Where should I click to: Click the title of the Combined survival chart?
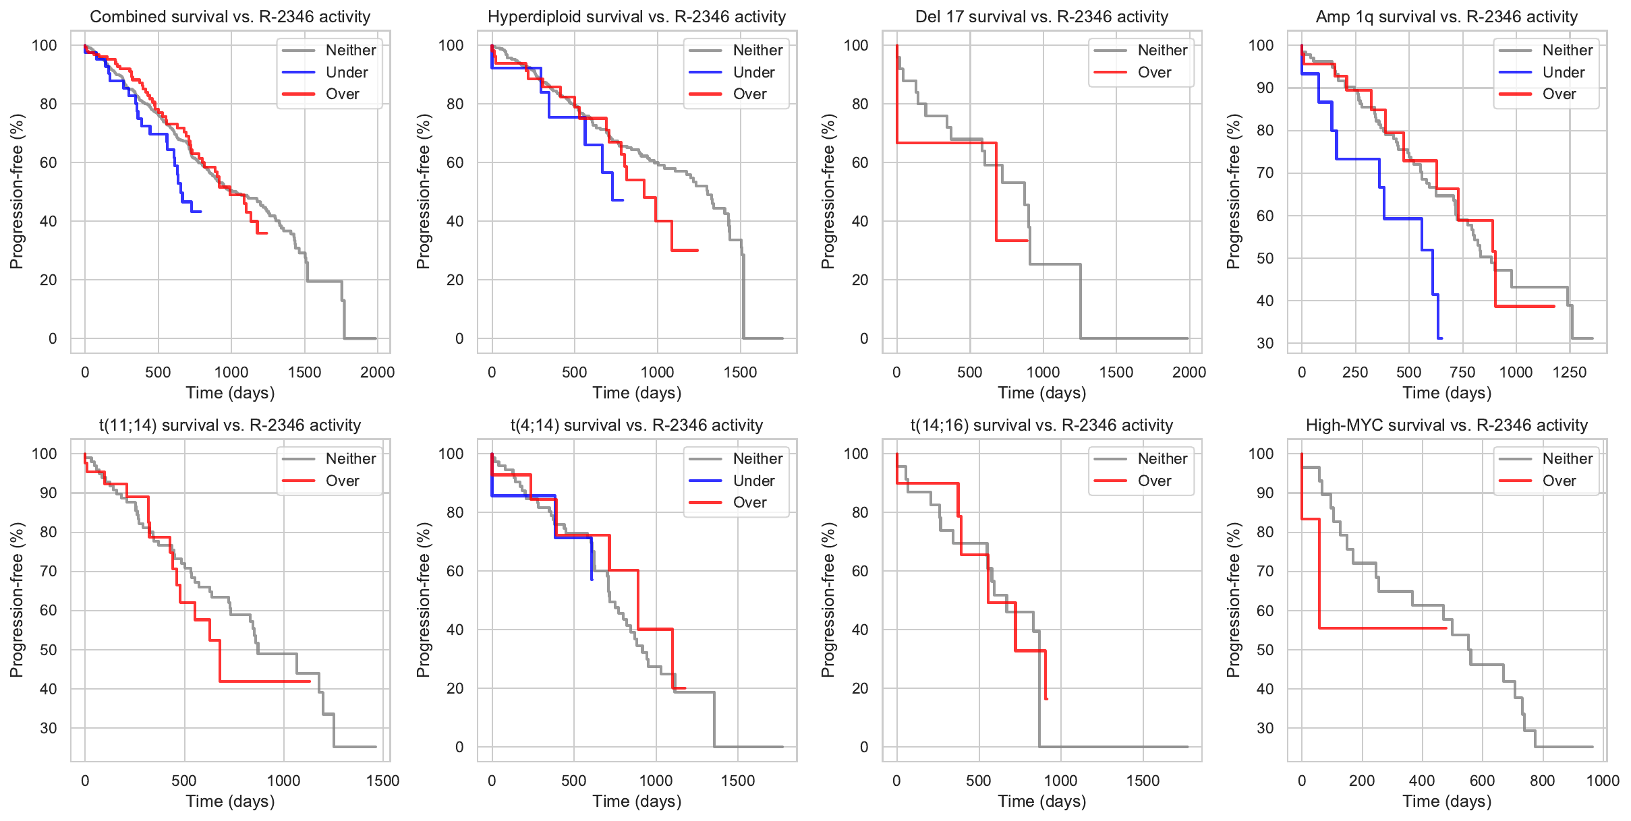click(230, 17)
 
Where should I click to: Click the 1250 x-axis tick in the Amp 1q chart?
click(1570, 372)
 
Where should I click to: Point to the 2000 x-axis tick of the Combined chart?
click(377, 372)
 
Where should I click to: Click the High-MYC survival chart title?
click(1446, 425)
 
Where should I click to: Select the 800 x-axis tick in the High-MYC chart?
click(1542, 781)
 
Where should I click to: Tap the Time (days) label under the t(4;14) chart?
click(637, 801)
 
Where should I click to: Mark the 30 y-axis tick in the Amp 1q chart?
click(1265, 343)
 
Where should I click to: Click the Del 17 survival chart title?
click(1041, 17)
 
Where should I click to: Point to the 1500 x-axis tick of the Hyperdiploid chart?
click(740, 372)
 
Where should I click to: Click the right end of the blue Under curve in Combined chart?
click(201, 212)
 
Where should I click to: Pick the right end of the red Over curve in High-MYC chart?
click(1446, 628)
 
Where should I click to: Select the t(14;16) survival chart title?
click(1041, 425)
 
